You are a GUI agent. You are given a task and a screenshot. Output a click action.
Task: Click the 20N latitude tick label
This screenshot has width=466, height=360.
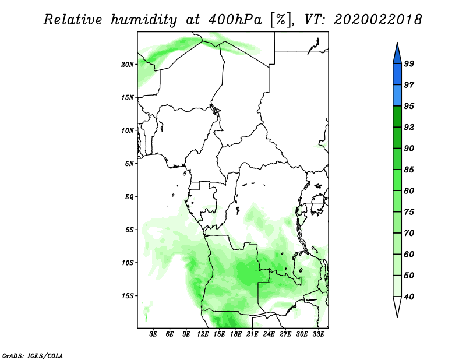tap(128, 65)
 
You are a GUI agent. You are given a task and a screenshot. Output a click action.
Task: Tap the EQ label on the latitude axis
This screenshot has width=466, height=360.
tap(129, 197)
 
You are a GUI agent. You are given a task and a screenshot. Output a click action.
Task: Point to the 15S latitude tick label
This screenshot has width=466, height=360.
tap(128, 296)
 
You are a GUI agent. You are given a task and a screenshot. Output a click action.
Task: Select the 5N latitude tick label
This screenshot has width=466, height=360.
tap(129, 164)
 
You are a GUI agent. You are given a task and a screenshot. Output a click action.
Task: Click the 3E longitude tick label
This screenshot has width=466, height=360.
tap(153, 334)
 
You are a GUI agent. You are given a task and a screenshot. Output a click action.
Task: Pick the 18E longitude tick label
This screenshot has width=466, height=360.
tap(236, 334)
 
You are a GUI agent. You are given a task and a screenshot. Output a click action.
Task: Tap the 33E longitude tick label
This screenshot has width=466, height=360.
tap(318, 334)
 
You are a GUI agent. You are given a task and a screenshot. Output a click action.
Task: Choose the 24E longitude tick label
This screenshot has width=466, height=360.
tap(269, 334)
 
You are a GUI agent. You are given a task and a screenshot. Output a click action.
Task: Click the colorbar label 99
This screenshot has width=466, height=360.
tap(409, 63)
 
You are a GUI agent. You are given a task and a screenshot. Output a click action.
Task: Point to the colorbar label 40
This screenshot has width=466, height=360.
tap(409, 297)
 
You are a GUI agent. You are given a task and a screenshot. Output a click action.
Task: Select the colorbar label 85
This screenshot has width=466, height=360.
tap(409, 170)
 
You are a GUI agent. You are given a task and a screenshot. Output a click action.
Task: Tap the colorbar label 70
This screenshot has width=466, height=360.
tap(409, 233)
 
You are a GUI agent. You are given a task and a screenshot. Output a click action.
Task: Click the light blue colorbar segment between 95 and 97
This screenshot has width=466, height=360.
tap(397, 96)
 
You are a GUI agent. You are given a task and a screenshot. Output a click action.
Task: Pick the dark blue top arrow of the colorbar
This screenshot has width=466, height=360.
tap(397, 54)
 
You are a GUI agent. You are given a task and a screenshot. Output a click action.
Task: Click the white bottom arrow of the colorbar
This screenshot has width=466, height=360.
tap(397, 307)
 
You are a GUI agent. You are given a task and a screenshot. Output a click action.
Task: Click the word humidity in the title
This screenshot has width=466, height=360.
tap(144, 20)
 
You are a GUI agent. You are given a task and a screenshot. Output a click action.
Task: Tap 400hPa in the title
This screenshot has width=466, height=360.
tap(235, 20)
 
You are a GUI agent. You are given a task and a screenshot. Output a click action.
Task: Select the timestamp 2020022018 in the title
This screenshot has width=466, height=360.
tap(377, 20)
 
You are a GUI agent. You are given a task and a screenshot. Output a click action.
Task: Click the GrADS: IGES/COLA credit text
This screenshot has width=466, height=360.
tap(33, 356)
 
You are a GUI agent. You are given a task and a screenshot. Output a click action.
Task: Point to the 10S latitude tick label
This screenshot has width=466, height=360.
tap(128, 263)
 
